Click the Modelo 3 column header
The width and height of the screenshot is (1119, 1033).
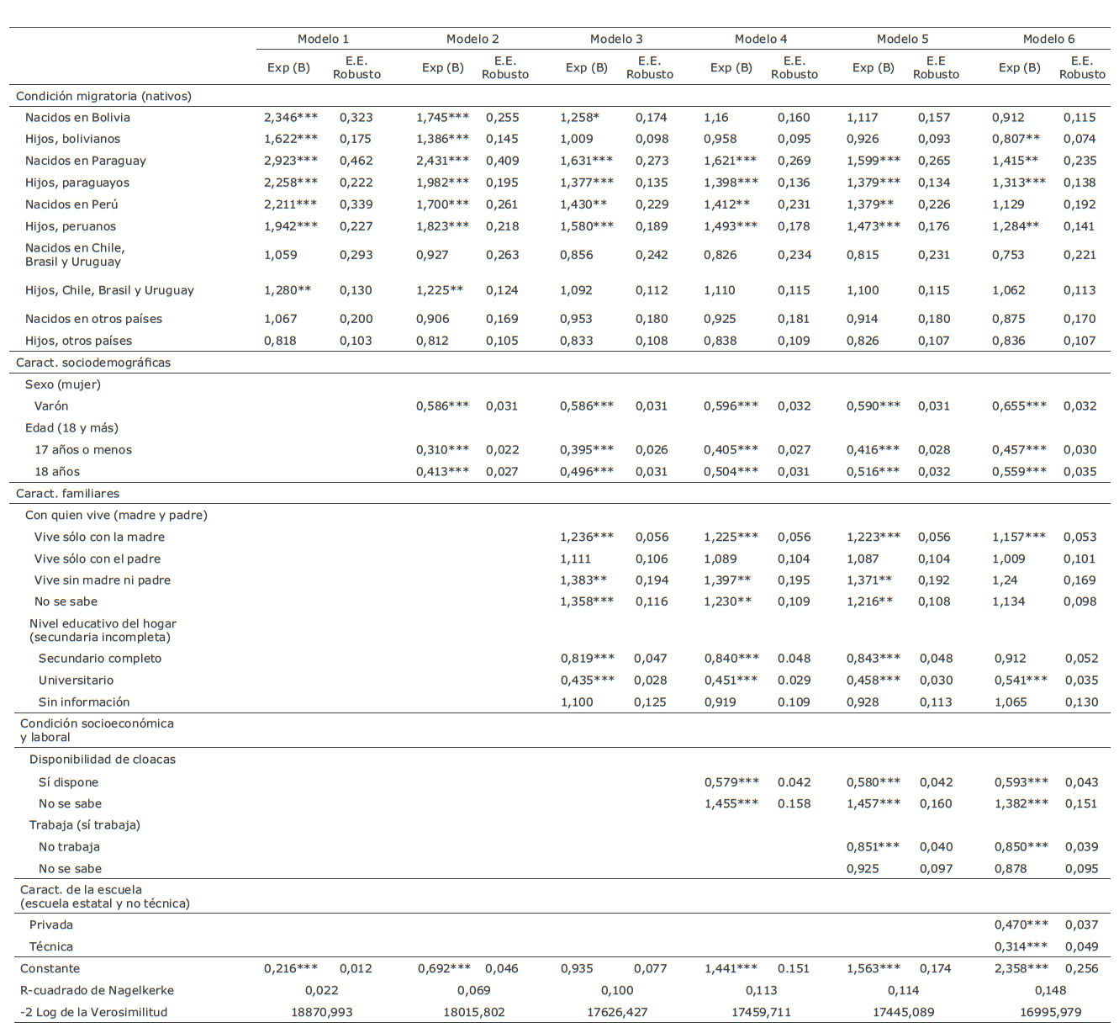click(x=616, y=39)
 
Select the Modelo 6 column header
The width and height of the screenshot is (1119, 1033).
click(x=1048, y=39)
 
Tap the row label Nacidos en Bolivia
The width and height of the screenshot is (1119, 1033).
click(x=77, y=118)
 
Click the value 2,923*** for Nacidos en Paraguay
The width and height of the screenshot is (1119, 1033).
click(x=290, y=161)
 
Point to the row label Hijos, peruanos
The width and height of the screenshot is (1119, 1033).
click(x=71, y=226)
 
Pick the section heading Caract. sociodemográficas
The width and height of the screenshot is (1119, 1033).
click(x=93, y=363)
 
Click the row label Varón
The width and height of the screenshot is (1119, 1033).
click(x=51, y=406)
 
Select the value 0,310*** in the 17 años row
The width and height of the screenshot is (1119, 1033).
click(x=442, y=450)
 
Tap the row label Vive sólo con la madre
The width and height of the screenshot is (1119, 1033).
click(x=99, y=537)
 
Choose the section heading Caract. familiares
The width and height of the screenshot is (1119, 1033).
click(x=67, y=494)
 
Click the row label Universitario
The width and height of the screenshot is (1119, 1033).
click(x=76, y=681)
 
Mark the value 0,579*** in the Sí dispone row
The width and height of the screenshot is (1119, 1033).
click(x=731, y=782)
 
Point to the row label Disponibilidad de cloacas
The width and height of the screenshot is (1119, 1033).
click(x=103, y=760)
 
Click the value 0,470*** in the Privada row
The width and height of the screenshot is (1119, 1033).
click(x=1021, y=924)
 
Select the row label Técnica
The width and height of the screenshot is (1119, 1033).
click(x=51, y=946)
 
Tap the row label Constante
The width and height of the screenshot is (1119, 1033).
click(x=50, y=968)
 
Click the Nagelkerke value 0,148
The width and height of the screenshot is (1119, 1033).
click(x=1050, y=990)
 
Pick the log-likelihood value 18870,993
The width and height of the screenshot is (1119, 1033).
click(x=322, y=1012)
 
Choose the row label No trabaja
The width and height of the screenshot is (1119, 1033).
click(x=69, y=847)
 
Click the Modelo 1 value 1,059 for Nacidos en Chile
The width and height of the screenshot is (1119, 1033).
click(x=281, y=255)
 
